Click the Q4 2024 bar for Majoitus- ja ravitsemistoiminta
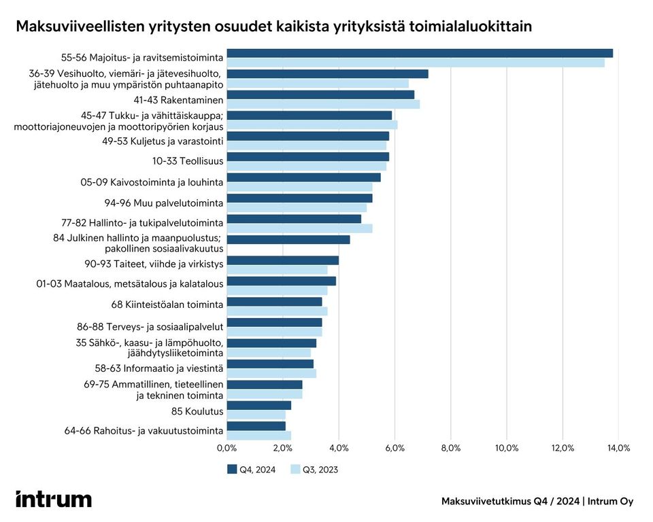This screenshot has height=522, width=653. [419, 53]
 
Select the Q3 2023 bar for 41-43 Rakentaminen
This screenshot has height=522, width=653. [322, 104]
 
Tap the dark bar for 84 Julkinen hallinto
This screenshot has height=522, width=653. [288, 239]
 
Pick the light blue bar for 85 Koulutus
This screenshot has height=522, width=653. [256, 415]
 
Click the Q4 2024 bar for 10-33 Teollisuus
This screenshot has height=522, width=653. [307, 156]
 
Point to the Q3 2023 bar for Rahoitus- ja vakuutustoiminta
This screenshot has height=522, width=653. [258, 435]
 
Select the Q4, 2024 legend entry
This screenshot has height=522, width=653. [252, 469]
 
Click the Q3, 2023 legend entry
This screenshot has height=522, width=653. [314, 469]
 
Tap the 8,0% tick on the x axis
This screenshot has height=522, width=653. [451, 448]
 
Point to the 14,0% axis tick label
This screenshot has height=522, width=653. [618, 448]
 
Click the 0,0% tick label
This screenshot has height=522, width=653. [227, 448]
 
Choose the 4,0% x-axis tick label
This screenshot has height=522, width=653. [339, 448]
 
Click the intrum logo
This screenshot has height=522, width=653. [54, 500]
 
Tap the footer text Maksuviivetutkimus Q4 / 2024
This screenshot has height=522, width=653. [510, 502]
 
